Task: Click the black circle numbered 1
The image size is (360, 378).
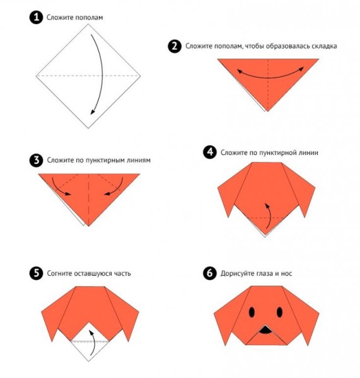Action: click(36, 18)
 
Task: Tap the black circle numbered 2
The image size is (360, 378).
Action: click(175, 46)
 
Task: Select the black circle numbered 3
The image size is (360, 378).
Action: click(36, 160)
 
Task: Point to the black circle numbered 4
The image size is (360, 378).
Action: click(210, 152)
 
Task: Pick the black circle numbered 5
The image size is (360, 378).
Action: click(36, 273)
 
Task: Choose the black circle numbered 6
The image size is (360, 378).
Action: click(210, 273)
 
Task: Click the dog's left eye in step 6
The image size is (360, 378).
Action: click(252, 312)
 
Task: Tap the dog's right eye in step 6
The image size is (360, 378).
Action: click(279, 312)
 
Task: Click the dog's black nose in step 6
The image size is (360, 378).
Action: click(265, 330)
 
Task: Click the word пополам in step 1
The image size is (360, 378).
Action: click(89, 18)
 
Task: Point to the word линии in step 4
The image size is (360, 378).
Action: click(308, 152)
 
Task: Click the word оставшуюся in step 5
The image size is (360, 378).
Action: click(93, 273)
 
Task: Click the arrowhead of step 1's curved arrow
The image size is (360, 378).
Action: click(92, 112)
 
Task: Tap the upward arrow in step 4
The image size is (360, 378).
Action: click(269, 215)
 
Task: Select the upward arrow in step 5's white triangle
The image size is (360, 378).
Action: click(93, 343)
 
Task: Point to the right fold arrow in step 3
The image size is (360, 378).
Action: click(117, 188)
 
